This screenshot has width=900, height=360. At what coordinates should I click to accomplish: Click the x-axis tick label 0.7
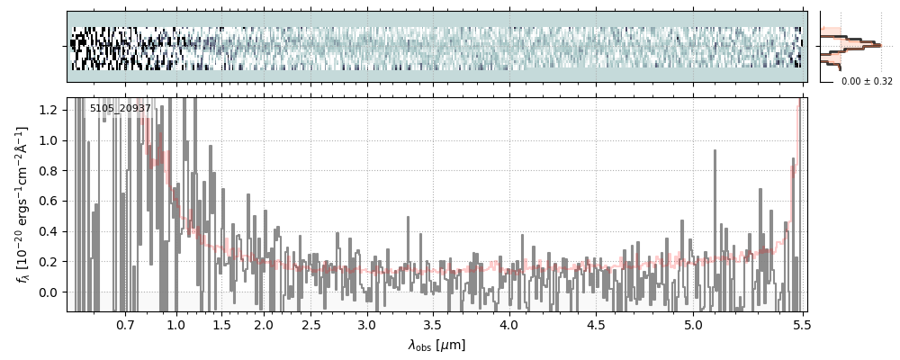pyautogui.click(x=125, y=324)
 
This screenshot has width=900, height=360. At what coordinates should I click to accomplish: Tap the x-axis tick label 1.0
pyautogui.click(x=176, y=324)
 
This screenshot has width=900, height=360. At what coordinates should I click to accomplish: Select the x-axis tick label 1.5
pyautogui.click(x=221, y=324)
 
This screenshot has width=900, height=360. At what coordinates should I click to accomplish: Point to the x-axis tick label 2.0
pyautogui.click(x=264, y=324)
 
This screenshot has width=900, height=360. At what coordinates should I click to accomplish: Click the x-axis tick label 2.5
pyautogui.click(x=310, y=324)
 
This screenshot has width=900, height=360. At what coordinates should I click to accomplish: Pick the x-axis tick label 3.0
pyautogui.click(x=366, y=324)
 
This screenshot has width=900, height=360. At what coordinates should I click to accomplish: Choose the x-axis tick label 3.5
pyautogui.click(x=432, y=324)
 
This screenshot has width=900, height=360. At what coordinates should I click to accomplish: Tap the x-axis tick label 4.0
pyautogui.click(x=508, y=324)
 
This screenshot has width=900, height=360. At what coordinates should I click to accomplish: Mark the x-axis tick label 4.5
pyautogui.click(x=595, y=324)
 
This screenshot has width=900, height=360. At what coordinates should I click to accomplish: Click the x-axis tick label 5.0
pyautogui.click(x=693, y=324)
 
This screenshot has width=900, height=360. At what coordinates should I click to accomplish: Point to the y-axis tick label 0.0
pyautogui.click(x=51, y=292)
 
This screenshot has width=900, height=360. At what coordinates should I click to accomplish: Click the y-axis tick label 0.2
pyautogui.click(x=51, y=262)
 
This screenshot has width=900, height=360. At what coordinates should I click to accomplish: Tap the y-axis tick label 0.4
pyautogui.click(x=51, y=231)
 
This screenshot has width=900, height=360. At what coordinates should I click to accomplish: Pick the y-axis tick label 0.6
pyautogui.click(x=51, y=201)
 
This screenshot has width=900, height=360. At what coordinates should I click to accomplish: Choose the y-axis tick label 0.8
pyautogui.click(x=51, y=171)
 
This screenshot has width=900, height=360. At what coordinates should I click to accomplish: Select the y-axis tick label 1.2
pyautogui.click(x=51, y=110)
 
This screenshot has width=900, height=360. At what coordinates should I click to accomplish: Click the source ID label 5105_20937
pyautogui.click(x=121, y=109)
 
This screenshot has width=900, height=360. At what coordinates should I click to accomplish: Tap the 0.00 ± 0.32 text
pyautogui.click(x=867, y=81)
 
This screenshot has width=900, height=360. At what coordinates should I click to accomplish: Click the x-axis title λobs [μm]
pyautogui.click(x=436, y=345)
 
